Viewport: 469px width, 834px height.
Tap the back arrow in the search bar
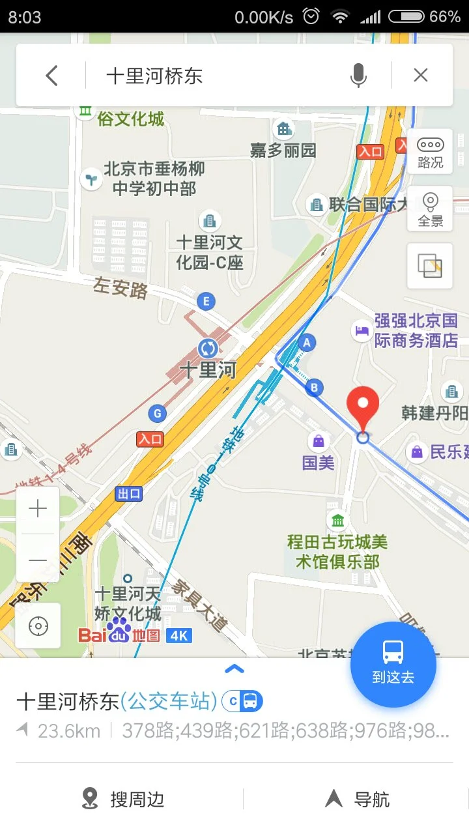[x=52, y=76]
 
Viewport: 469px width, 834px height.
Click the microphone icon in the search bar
[x=358, y=76]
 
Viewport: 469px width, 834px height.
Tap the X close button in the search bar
[x=421, y=76]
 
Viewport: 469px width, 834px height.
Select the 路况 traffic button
[x=430, y=152]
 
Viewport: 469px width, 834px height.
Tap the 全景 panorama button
[x=430, y=209]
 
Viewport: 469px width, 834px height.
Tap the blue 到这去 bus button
[x=393, y=665]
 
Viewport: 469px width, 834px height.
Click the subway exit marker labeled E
[x=206, y=302]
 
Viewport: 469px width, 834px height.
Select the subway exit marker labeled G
[x=156, y=413]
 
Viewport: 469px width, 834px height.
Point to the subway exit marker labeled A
[x=306, y=342]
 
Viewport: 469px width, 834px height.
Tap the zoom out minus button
[x=38, y=560]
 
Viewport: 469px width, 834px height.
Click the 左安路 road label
[x=121, y=287]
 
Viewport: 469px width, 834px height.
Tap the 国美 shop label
[x=319, y=463]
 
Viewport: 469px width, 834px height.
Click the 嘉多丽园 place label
[x=283, y=150]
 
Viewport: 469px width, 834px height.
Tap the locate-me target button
[x=38, y=626]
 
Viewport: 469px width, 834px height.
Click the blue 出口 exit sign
[x=128, y=494]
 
